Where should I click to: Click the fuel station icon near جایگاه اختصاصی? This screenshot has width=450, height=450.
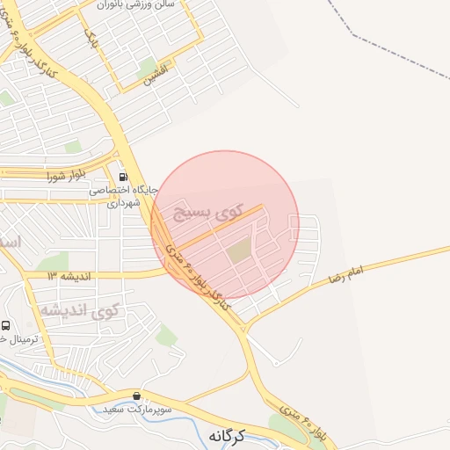[134, 176]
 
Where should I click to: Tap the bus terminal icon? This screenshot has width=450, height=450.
[6, 326]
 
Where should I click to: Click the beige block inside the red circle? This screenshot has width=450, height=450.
[239, 251]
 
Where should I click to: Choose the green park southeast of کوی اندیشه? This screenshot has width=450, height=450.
[165, 335]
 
